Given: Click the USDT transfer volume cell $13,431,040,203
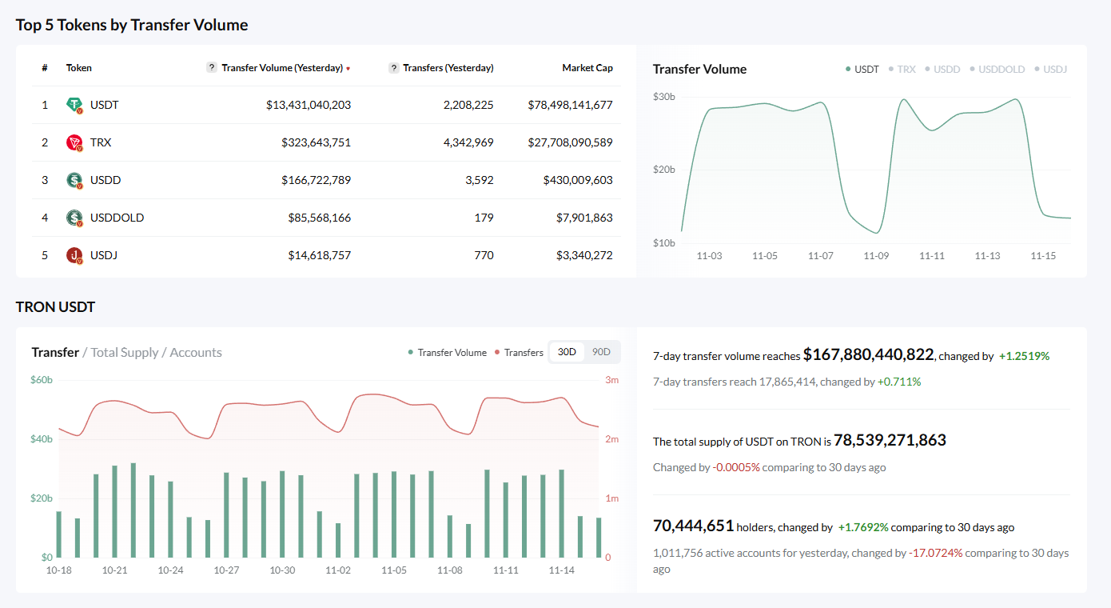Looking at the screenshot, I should (x=309, y=105).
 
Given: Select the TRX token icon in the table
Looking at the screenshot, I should (x=74, y=142).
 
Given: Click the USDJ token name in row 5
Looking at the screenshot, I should (x=104, y=255).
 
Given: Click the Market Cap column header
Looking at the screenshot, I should (x=587, y=68).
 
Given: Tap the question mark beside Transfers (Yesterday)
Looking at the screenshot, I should (x=394, y=68).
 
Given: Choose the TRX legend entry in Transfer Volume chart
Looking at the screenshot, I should (x=906, y=70).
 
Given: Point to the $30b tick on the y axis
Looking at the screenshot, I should (x=664, y=97).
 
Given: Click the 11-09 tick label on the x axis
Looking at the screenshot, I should (x=876, y=256).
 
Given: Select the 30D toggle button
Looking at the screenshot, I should (x=567, y=352).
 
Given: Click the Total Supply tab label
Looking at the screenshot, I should (x=125, y=352).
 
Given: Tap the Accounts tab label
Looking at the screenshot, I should (x=196, y=352).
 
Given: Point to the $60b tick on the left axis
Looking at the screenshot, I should (x=42, y=380).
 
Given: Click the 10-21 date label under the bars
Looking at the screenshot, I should (x=114, y=570).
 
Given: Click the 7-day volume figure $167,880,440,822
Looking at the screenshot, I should (x=868, y=354).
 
